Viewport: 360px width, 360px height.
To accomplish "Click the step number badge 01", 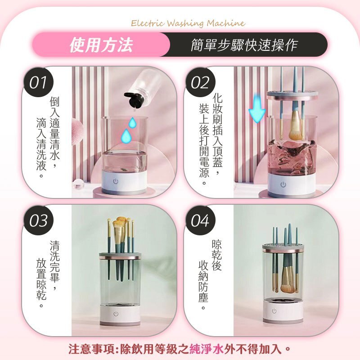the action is [38, 82].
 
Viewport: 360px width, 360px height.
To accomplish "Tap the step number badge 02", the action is [200, 82].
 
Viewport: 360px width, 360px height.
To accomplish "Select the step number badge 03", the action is [38, 220].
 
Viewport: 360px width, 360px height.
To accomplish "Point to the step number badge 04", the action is [200, 220].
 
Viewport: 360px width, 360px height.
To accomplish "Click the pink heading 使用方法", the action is [101, 45].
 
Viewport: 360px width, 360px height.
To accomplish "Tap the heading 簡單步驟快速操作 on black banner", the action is [244, 45].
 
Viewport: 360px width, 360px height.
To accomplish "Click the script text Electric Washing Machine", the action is [188, 23].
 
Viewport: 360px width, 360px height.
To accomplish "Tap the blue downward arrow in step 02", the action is [257, 108].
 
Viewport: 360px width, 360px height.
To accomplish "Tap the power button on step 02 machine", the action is [283, 184].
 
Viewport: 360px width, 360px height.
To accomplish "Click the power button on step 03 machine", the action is [116, 314].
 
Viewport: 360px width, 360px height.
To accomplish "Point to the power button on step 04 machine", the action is [274, 311].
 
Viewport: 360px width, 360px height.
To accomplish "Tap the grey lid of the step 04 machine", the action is [283, 248].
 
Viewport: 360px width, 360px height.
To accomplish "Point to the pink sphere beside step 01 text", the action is [77, 132].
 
